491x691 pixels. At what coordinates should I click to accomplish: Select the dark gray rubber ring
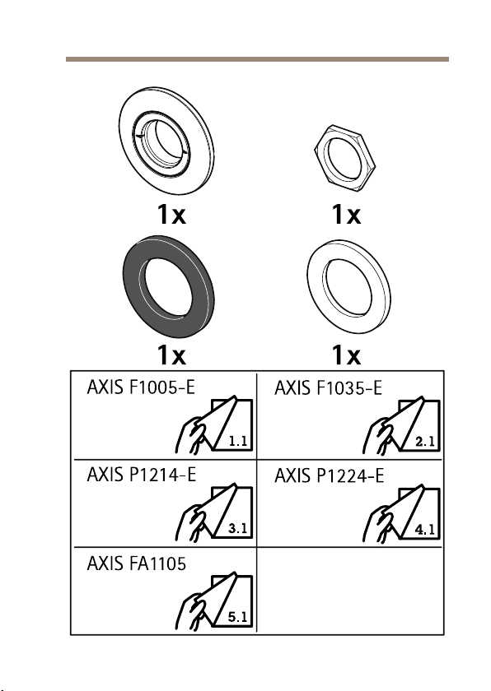pyautogui.click(x=133, y=286)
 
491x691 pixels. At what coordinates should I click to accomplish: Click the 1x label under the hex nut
pyautogui.click(x=346, y=214)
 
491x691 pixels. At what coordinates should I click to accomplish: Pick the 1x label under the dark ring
pyautogui.click(x=171, y=355)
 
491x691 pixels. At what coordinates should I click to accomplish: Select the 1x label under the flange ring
pyautogui.click(x=171, y=214)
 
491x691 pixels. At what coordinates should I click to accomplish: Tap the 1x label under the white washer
pyautogui.click(x=346, y=355)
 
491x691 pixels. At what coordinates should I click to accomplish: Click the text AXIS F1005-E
pyautogui.click(x=141, y=387)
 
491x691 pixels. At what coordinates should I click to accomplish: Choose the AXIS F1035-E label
pyautogui.click(x=328, y=387)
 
